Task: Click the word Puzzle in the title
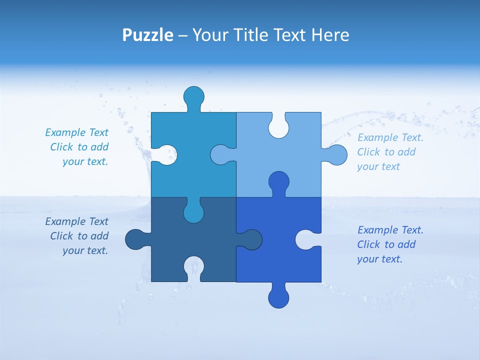pyautogui.click(x=147, y=35)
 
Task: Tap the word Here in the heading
pyautogui.click(x=330, y=35)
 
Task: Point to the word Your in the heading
pyautogui.click(x=210, y=35)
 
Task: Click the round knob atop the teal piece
pyautogui.click(x=193, y=96)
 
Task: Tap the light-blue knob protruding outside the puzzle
pyautogui.click(x=336, y=155)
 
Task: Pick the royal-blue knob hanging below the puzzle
pyautogui.click(x=278, y=297)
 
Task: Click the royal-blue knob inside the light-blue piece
pyautogui.click(x=278, y=182)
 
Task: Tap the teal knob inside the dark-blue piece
pyautogui.click(x=193, y=212)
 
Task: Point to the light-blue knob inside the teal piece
pyautogui.click(x=221, y=155)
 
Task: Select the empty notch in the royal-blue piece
pyautogui.click(x=305, y=239)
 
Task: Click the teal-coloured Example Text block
pyautogui.click(x=77, y=147)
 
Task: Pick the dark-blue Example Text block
pyautogui.click(x=77, y=236)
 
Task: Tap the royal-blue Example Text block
pyautogui.click(x=390, y=244)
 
